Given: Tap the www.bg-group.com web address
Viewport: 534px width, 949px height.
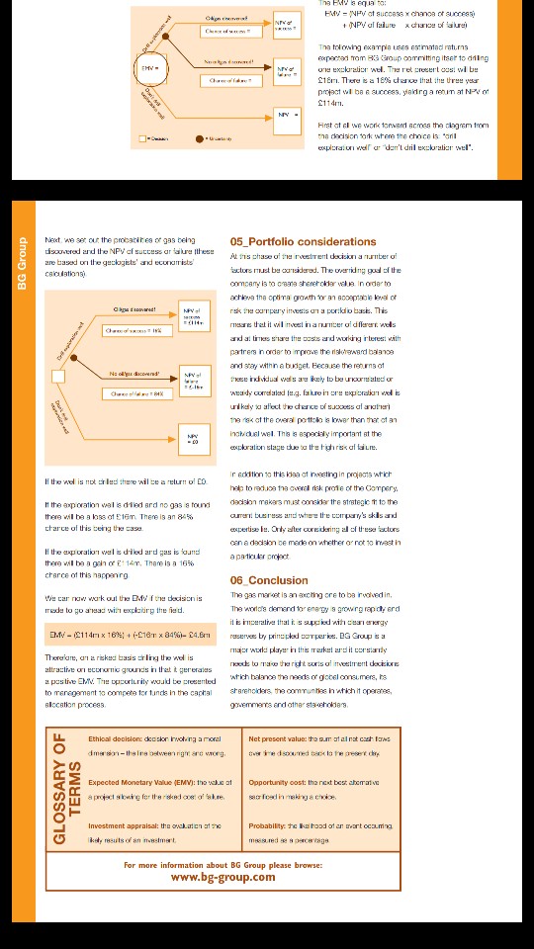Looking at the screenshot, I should [222, 877].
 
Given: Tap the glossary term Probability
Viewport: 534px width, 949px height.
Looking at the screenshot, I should [270, 824].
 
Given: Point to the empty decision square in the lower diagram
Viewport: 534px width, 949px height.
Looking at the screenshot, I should [58, 377].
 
